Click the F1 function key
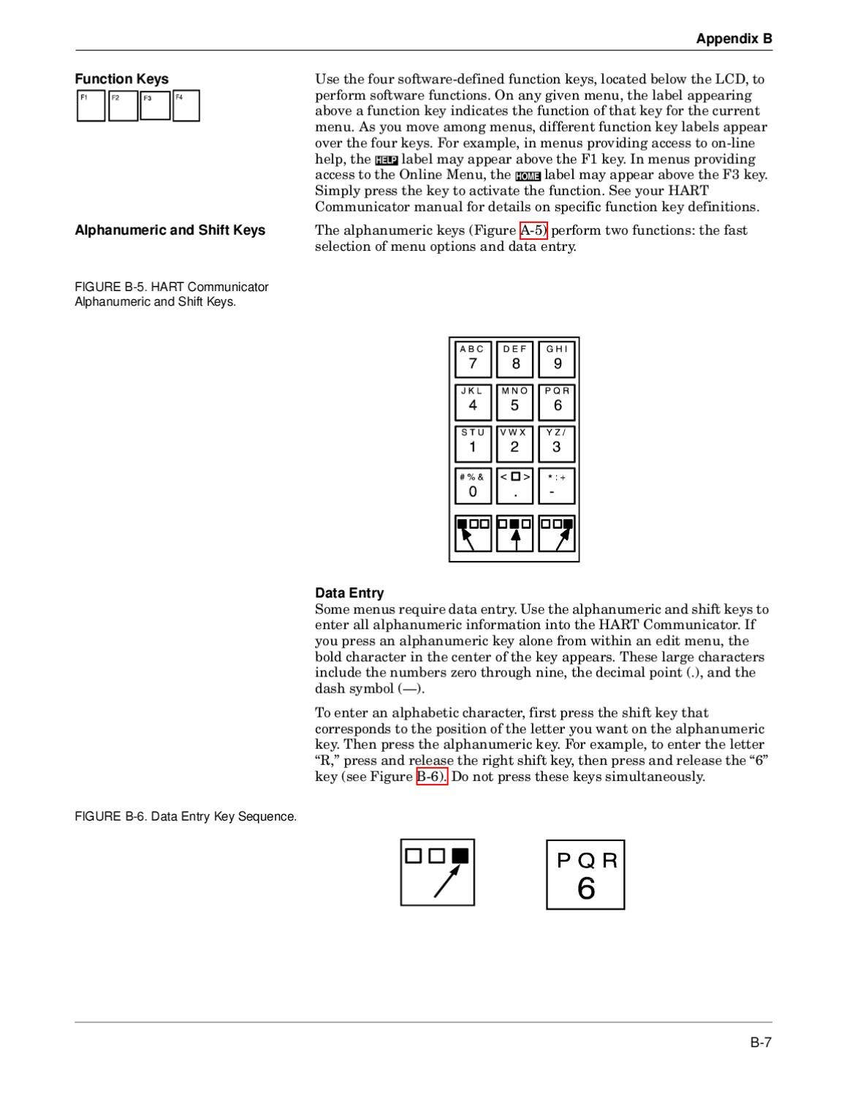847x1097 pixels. click(x=91, y=106)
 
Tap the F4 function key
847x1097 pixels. click(x=186, y=106)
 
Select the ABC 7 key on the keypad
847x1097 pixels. click(x=473, y=359)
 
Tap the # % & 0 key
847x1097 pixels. click(x=473, y=486)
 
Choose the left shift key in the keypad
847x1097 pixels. click(x=473, y=533)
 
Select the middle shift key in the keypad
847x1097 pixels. click(x=514, y=533)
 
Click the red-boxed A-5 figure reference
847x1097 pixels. click(x=533, y=230)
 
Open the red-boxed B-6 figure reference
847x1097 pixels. click(x=431, y=777)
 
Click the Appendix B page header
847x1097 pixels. click(x=733, y=39)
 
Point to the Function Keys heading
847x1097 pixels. click(x=121, y=79)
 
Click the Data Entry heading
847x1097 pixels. click(x=349, y=593)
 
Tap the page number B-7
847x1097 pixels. click(x=761, y=1042)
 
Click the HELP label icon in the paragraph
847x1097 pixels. click(x=386, y=160)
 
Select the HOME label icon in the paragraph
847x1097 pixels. click(x=527, y=176)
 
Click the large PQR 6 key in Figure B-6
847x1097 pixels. click(x=585, y=875)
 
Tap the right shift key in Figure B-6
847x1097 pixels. click(x=437, y=872)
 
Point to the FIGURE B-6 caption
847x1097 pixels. click(x=186, y=816)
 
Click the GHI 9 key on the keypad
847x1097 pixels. click(x=556, y=359)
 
